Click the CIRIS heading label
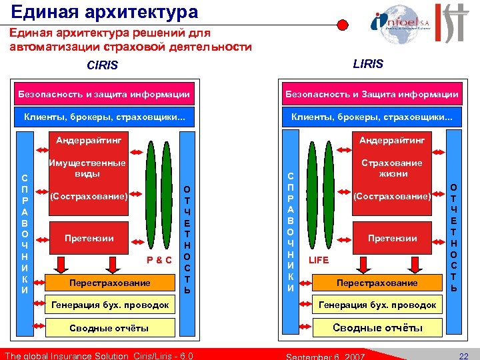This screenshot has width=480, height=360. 102,65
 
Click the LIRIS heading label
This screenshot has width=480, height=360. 368,63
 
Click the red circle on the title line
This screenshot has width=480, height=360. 342,25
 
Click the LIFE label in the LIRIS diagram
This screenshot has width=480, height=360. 318,260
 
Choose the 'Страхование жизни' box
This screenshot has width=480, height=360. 391,168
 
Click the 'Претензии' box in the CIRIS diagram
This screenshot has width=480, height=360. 89,238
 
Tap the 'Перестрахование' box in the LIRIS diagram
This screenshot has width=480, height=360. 377,283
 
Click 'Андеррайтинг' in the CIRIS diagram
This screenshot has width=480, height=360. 84,141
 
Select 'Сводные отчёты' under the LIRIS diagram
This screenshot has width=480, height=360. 377,327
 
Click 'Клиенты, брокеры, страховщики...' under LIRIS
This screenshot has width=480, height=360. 371,118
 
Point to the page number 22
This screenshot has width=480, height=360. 464,355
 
